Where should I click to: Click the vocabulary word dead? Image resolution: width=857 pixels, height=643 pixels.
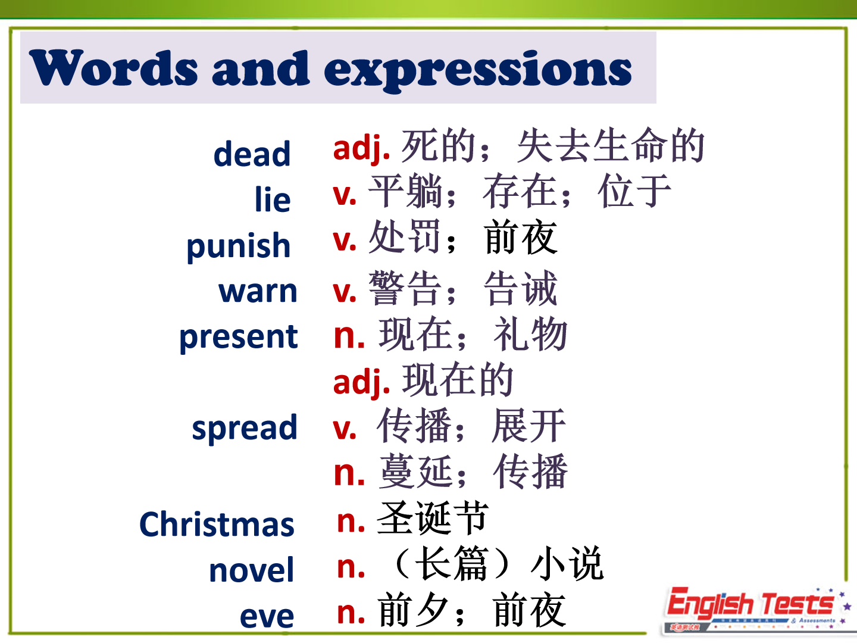252,154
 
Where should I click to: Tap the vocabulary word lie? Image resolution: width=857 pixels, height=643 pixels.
273,199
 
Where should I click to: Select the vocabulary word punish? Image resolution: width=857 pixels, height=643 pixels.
239,246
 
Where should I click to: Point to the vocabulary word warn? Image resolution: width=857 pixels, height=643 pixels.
258,292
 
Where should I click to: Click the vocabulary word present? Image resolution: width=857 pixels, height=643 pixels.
239,338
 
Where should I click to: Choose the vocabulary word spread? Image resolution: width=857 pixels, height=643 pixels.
245,428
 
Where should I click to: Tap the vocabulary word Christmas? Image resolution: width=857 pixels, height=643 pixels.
217,525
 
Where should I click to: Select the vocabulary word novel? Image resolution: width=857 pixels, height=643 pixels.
251,570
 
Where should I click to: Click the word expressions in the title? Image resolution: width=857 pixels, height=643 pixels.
477,70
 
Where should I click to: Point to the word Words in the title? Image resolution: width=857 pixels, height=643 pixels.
114,67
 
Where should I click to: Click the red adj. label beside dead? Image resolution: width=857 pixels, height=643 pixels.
361,149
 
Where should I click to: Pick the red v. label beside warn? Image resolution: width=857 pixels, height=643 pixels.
345,292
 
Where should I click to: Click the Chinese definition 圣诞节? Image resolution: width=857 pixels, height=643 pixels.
433,518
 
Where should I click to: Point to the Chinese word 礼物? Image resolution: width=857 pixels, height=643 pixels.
530,334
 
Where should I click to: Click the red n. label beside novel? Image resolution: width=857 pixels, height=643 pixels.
351,567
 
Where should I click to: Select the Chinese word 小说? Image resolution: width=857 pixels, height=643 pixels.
567,563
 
